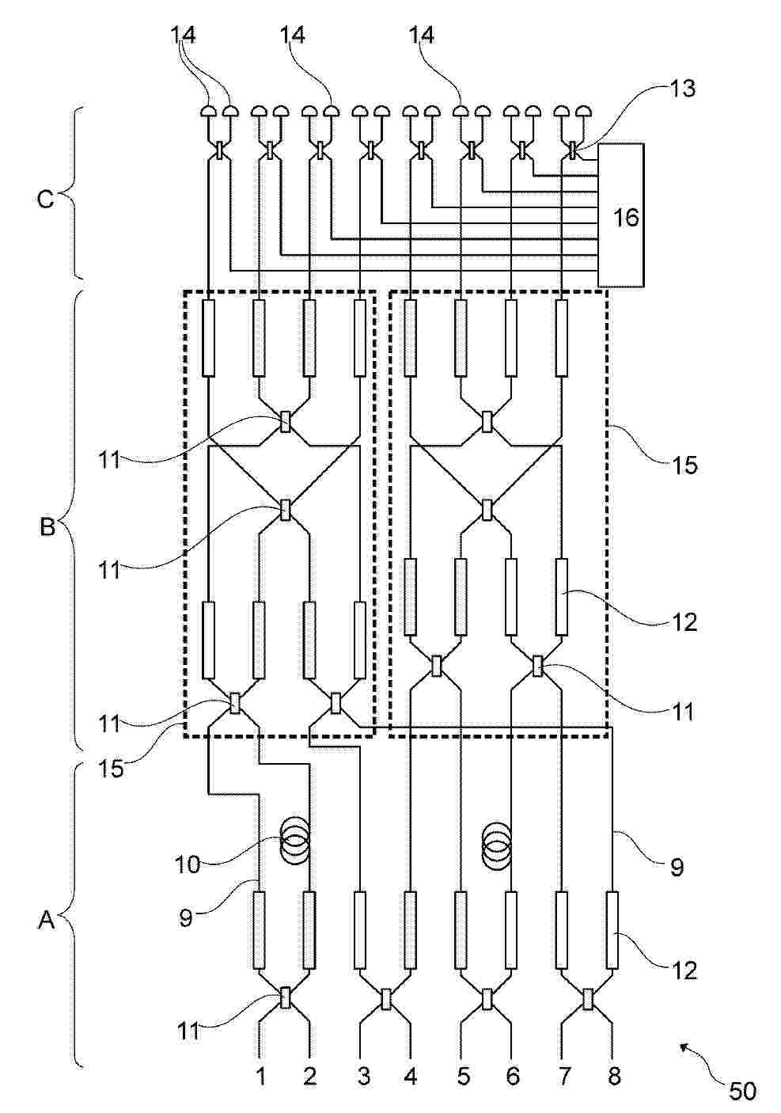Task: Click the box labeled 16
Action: click(x=620, y=215)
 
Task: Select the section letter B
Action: click(x=47, y=526)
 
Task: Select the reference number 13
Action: click(x=682, y=88)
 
